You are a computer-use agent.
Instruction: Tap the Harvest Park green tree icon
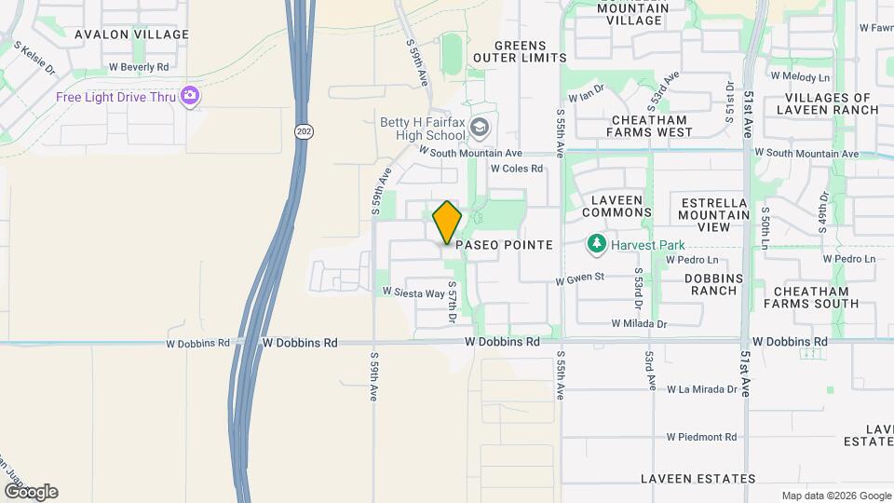[596, 244]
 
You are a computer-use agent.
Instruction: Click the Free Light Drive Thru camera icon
[190, 95]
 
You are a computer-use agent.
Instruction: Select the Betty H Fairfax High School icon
[479, 127]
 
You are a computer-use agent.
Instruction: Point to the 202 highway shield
[304, 132]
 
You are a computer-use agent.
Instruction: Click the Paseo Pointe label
[505, 245]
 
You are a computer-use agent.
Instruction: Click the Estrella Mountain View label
[715, 214]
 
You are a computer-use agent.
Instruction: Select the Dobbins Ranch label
[711, 284]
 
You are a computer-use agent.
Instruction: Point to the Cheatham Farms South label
[811, 296]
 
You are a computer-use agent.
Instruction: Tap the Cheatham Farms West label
[649, 126]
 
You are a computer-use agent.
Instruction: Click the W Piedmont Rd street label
[701, 437]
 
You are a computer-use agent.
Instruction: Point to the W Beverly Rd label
[139, 67]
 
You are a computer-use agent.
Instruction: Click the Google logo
[31, 492]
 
